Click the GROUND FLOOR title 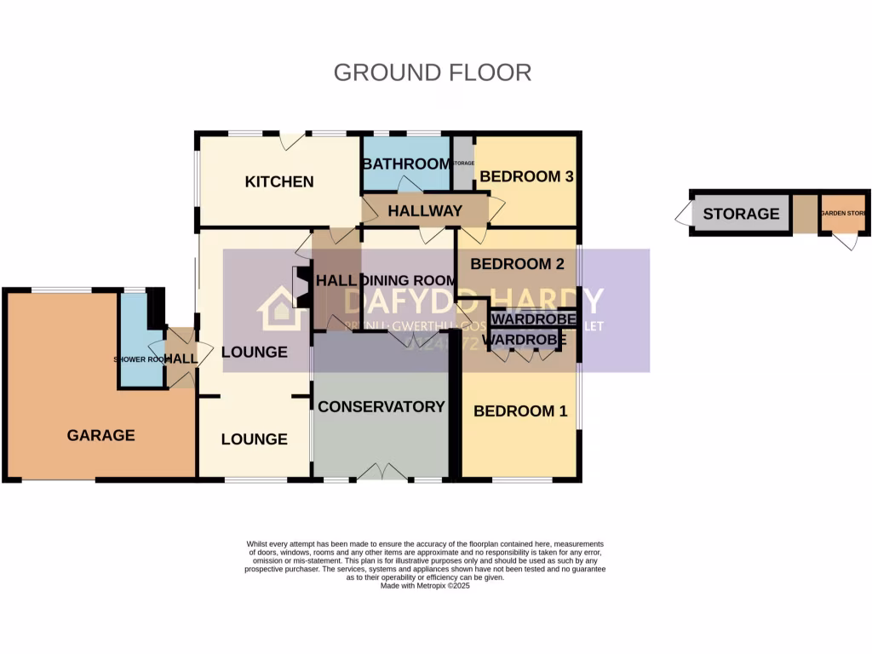432,72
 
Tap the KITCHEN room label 279,181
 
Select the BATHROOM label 405,163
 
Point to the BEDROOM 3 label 525,177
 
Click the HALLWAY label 425,210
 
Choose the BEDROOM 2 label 517,264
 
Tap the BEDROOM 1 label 519,411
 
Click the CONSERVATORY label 381,407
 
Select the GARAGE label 100,435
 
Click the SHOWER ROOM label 141,359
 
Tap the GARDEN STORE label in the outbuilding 844,213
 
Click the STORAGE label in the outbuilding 741,214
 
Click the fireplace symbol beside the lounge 300,287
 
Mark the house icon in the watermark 283,308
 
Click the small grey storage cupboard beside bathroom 462,163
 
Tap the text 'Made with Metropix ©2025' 425,586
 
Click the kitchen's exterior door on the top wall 294,141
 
